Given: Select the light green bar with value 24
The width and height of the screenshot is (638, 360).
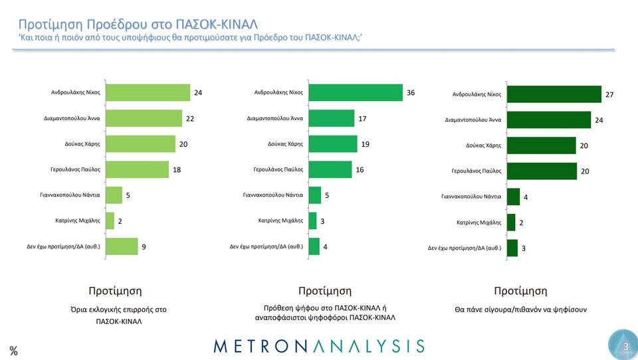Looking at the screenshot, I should tap(148, 93).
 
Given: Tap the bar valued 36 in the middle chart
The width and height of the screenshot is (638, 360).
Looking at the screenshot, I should tap(356, 93).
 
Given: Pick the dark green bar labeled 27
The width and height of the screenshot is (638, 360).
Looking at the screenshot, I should tap(554, 95).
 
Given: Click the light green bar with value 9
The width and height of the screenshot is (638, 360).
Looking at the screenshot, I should tap(122, 246).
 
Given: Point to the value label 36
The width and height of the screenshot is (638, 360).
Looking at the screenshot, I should tap(411, 93).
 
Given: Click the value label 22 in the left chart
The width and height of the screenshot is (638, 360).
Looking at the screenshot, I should tap(189, 118).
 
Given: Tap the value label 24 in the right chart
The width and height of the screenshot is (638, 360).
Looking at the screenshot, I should tap(598, 120).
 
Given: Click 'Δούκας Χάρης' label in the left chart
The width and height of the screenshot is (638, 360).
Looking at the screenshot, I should tap(82, 144).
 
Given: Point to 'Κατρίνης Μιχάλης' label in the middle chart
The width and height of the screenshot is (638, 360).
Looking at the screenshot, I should tap(280, 221).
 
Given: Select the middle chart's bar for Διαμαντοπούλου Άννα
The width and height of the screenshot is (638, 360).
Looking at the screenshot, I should tap(332, 118).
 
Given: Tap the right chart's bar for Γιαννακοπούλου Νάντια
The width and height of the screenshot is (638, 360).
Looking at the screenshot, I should tap(513, 197).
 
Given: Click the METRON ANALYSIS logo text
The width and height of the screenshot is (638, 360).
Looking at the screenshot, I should tap(319, 345).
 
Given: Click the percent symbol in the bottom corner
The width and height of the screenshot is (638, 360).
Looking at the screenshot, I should tap(13, 351).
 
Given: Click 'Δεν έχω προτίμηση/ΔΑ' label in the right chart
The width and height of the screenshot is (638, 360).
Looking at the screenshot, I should tap(464, 248).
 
